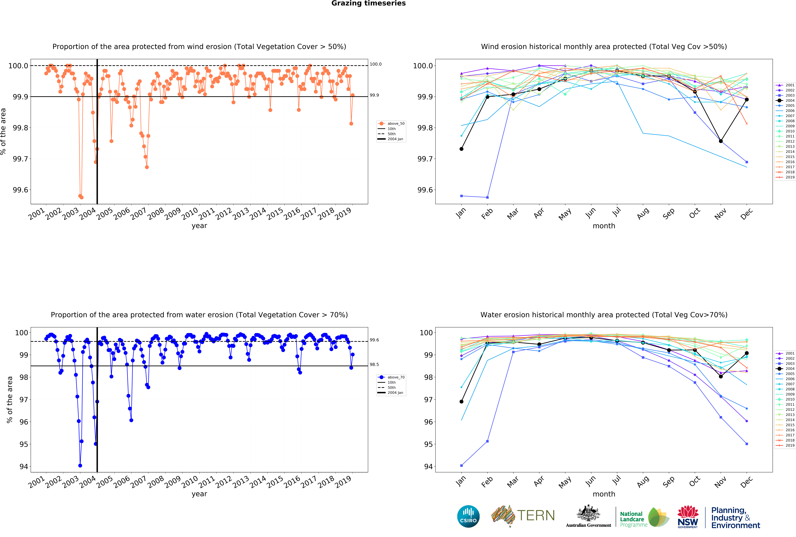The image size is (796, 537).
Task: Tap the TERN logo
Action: tap(523, 515)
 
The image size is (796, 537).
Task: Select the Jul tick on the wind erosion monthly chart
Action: tap(617, 212)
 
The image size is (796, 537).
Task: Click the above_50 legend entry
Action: tap(396, 124)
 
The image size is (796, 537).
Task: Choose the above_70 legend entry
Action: tap(396, 377)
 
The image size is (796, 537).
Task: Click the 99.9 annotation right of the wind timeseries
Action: tap(374, 95)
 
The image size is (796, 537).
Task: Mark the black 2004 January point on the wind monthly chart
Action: tap(461, 149)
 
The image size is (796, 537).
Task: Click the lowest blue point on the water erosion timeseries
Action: tap(80, 466)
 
